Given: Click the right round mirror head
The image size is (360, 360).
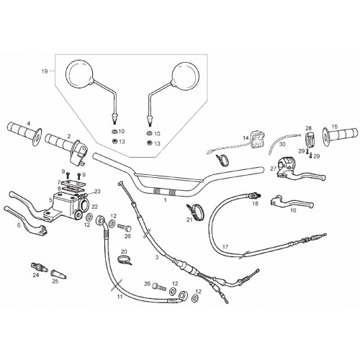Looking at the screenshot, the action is [x=185, y=76].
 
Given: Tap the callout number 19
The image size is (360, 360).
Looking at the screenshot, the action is [x=45, y=71].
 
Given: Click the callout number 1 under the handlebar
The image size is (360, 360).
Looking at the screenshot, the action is [x=165, y=199].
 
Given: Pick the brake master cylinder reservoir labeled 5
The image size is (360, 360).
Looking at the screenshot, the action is [x=66, y=203].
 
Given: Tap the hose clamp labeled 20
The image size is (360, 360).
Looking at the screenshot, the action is [x=125, y=261].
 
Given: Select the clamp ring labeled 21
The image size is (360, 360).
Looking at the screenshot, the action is [x=195, y=210].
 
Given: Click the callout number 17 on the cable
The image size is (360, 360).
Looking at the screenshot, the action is [x=225, y=247].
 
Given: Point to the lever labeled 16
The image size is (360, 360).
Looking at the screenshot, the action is [x=292, y=202].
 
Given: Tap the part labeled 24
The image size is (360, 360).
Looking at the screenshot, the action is [x=40, y=267].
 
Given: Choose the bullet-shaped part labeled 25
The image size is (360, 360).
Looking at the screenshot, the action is [x=58, y=274].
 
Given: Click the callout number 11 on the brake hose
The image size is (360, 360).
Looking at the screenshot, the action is [x=120, y=297].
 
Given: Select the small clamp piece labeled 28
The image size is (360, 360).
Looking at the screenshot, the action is [x=309, y=139].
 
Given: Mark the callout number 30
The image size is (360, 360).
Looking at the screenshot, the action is [x=282, y=144].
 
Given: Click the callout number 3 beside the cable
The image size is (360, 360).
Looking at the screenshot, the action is [x=157, y=257].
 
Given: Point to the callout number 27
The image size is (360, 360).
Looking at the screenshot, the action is [x=274, y=168].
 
